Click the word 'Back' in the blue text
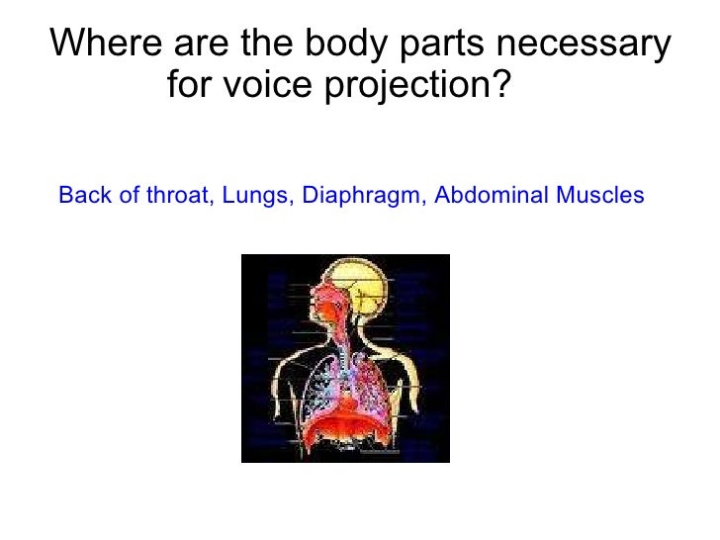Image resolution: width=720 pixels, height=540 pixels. tap(82, 195)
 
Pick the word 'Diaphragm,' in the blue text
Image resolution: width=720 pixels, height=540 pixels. tap(364, 195)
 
